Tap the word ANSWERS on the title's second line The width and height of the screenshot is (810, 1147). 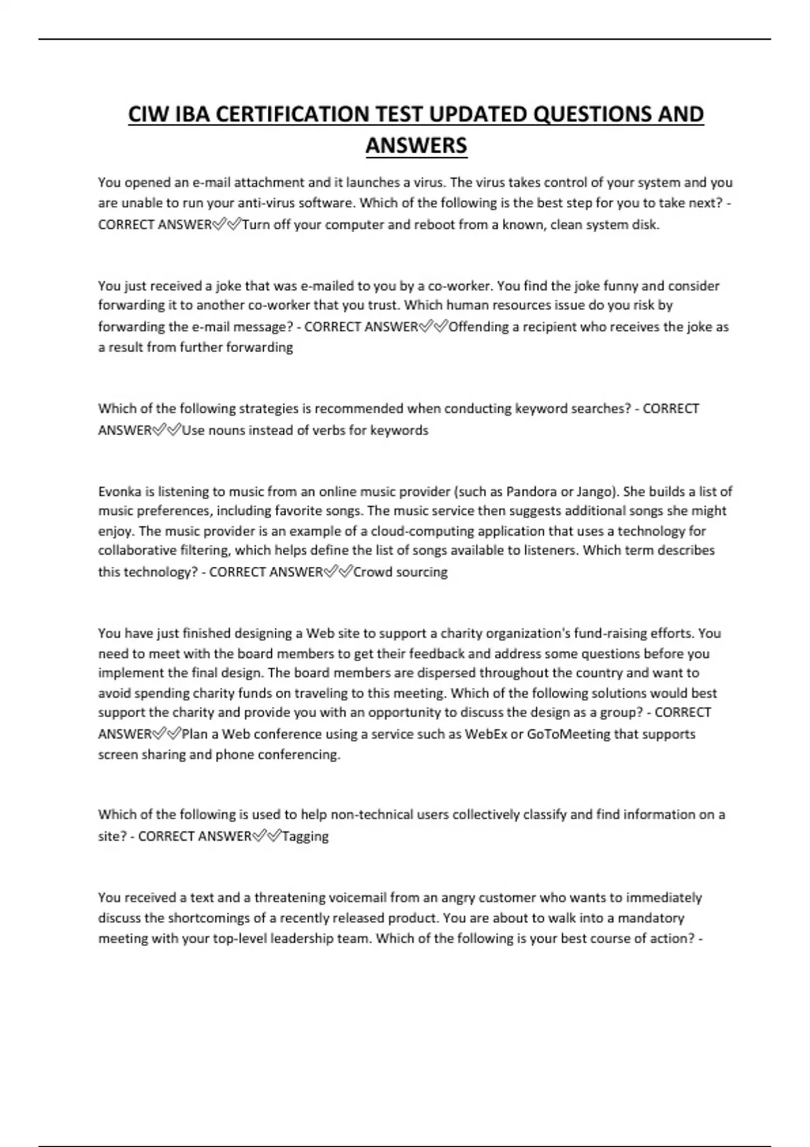(416, 145)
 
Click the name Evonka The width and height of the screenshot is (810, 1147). (120, 491)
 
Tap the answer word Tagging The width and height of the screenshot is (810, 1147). (305, 836)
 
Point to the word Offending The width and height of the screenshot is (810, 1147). (479, 327)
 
